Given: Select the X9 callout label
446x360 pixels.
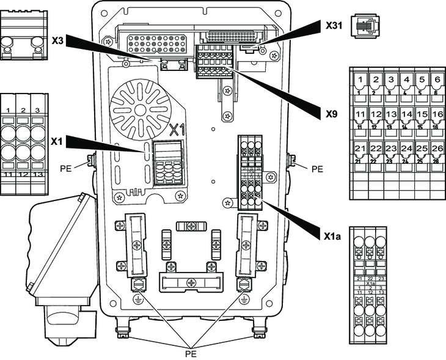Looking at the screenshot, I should click(332, 113).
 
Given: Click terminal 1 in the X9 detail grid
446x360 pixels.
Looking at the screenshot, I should click(361, 80).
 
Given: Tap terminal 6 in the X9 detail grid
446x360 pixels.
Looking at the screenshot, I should click(436, 80).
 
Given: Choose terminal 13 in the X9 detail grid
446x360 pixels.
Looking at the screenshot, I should click(391, 115).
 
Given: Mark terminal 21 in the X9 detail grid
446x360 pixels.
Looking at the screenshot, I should click(361, 150).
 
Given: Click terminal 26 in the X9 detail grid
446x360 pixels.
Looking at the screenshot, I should click(436, 150).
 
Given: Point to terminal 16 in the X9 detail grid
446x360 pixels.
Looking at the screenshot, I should click(436, 115).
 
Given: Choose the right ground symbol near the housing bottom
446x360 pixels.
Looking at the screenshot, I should click(244, 299).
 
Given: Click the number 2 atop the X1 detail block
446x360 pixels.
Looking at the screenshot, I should click(23, 110).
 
